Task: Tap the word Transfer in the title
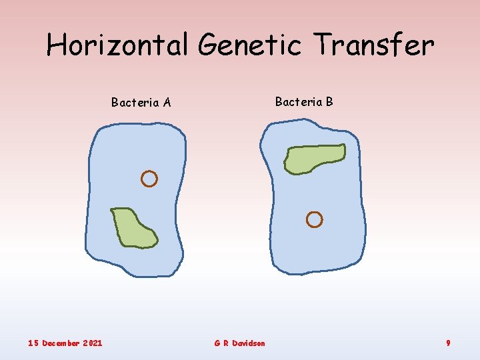(375, 45)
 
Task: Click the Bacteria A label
(141, 103)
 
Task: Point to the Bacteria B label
(304, 102)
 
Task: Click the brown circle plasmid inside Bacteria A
(149, 179)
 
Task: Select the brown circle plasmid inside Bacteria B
(314, 219)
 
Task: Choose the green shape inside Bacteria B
(314, 159)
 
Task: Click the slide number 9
(448, 343)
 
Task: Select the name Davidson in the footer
(249, 343)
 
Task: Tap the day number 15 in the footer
(33, 343)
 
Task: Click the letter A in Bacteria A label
(167, 103)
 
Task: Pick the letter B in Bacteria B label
(329, 102)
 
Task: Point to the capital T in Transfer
(325, 45)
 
